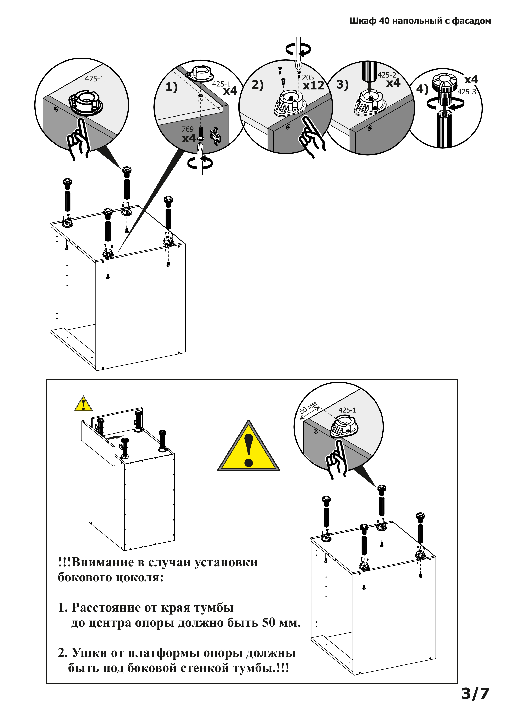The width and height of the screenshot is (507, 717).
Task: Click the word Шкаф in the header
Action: (x=363, y=21)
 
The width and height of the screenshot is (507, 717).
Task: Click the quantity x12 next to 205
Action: (x=313, y=85)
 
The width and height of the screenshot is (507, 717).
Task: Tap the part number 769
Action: (x=187, y=129)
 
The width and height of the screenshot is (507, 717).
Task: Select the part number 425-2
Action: (x=386, y=75)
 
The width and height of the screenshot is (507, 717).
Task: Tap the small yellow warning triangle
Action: (x=83, y=404)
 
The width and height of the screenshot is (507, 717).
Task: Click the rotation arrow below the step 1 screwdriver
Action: (x=200, y=163)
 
